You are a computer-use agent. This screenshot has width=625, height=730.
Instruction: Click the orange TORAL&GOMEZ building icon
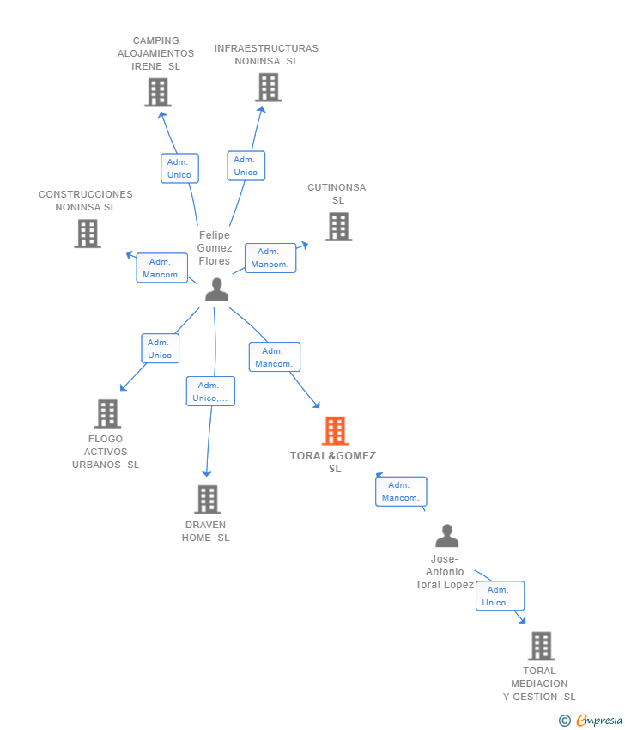(335, 430)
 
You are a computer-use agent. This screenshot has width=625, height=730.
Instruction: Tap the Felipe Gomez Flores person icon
(217, 289)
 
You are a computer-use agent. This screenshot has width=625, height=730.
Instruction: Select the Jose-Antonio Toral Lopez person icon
(446, 536)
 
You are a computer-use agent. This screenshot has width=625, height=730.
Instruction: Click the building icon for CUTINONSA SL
(338, 227)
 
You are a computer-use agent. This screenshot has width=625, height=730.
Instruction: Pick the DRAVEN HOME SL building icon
(207, 500)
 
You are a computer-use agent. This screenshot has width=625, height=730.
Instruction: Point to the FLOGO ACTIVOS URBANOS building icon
(107, 414)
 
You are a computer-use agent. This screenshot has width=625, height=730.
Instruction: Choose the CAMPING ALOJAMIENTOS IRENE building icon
(158, 92)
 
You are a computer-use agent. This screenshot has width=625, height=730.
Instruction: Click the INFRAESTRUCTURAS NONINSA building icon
(269, 88)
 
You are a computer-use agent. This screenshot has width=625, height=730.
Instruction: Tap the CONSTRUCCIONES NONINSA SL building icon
(88, 234)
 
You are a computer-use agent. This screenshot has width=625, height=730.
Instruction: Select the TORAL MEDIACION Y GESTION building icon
(541, 646)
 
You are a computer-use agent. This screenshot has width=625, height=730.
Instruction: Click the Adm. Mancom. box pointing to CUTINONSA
(270, 258)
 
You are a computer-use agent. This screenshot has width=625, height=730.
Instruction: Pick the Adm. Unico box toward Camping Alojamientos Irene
(179, 168)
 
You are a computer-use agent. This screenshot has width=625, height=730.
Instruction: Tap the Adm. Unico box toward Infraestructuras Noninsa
(246, 166)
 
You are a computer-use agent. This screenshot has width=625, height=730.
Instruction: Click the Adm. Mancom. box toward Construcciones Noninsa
(162, 268)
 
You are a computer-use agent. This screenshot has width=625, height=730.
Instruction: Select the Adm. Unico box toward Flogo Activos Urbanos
(160, 348)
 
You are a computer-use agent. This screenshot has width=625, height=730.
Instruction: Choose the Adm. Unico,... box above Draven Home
(210, 391)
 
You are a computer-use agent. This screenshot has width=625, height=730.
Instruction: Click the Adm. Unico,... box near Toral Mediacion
(500, 595)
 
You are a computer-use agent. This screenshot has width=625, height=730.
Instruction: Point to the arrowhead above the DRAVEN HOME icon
(207, 473)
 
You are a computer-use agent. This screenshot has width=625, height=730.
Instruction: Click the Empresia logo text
(599, 721)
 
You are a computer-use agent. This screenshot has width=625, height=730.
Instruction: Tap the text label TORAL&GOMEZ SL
(333, 462)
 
